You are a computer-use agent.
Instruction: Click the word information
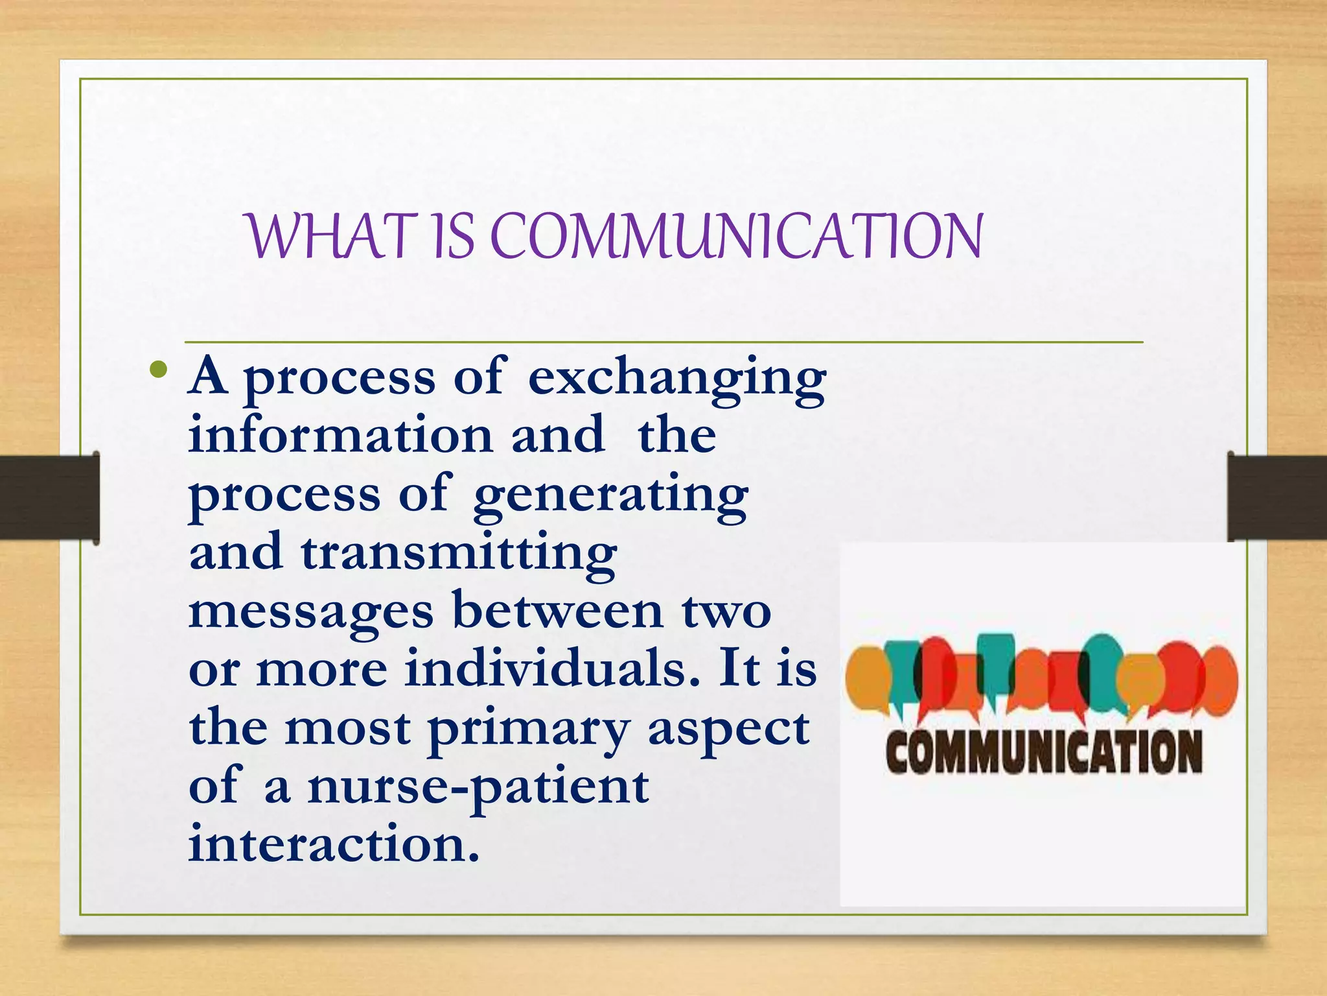tap(341, 435)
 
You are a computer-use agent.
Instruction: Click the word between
tap(558, 611)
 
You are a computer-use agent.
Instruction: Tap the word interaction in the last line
tap(334, 844)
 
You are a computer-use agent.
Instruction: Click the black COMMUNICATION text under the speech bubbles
tap(1044, 752)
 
